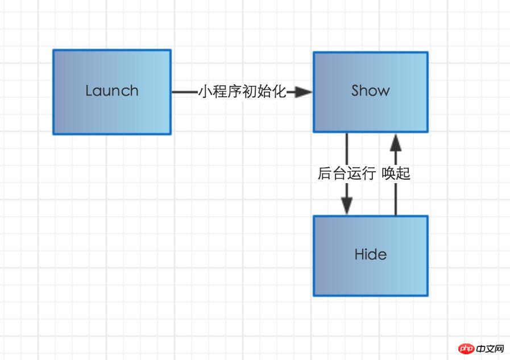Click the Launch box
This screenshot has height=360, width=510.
(112, 92)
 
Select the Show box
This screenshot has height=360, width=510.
(370, 92)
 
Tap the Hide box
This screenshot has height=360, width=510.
(370, 255)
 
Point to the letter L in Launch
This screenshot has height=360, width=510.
(89, 90)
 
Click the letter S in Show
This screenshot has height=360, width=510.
(356, 90)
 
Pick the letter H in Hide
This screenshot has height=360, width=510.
(359, 254)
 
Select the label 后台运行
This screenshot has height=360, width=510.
(346, 173)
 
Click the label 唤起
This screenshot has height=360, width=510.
(396, 173)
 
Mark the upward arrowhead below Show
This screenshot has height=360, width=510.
(396, 142)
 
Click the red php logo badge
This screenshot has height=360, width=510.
(466, 348)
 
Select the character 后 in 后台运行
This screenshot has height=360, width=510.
(325, 173)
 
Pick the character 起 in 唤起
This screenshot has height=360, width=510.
(403, 173)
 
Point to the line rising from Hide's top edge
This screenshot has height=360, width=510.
(396, 199)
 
